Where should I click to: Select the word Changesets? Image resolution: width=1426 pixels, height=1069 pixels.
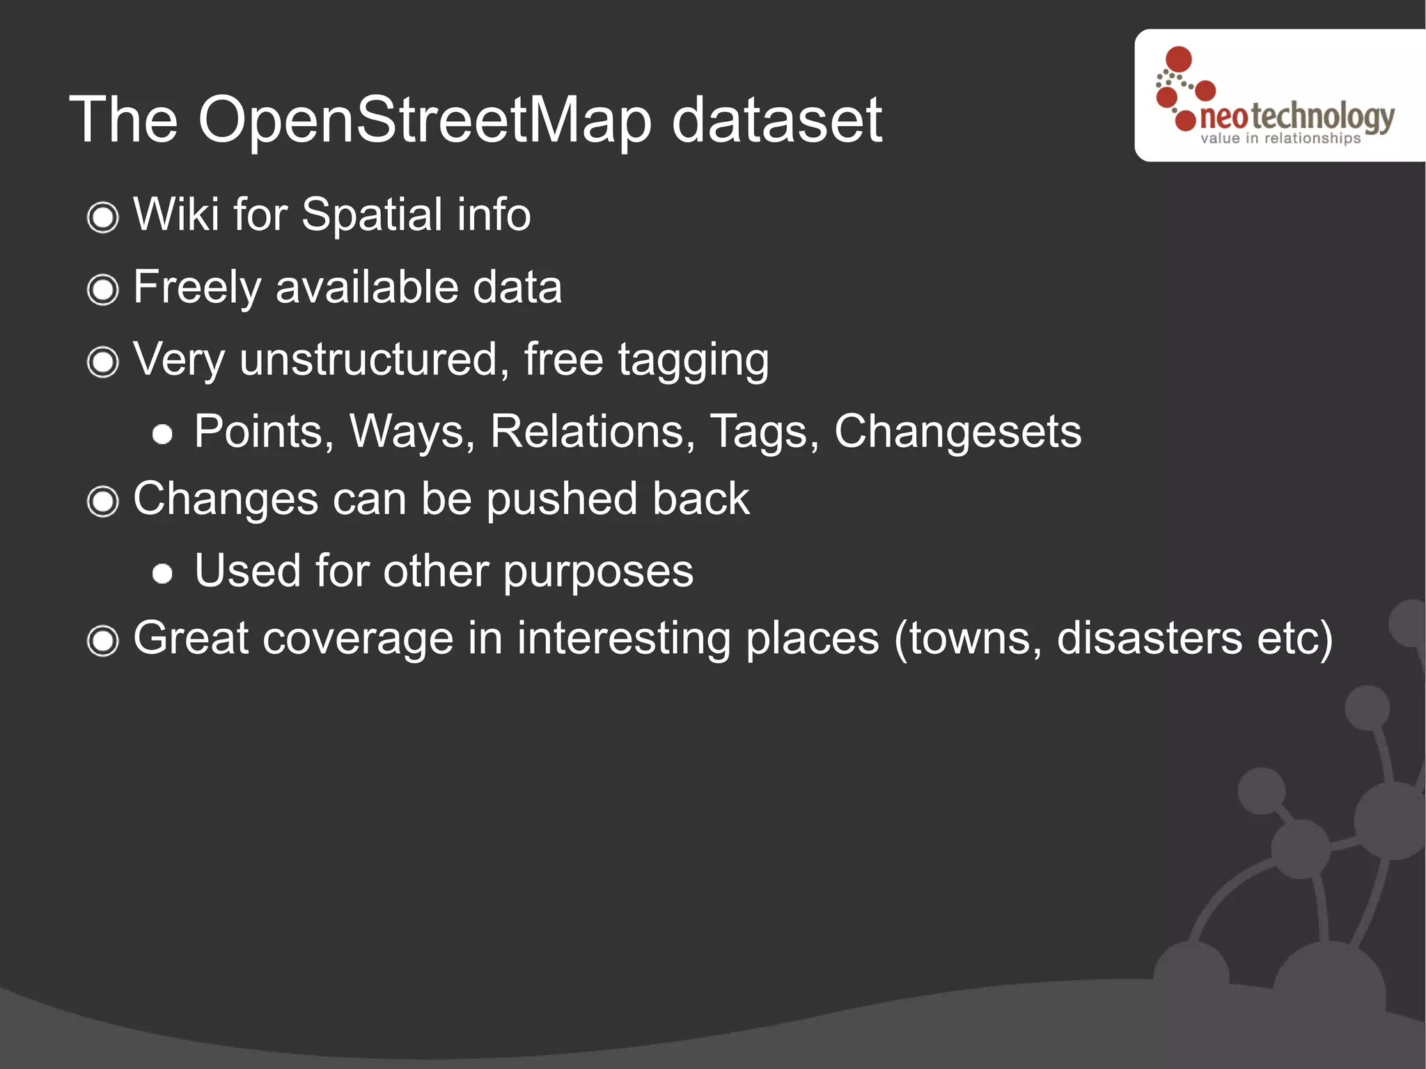[x=957, y=432]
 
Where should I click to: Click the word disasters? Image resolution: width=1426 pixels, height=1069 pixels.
[x=1149, y=639]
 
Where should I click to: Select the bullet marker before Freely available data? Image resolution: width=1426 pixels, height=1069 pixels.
[x=103, y=289]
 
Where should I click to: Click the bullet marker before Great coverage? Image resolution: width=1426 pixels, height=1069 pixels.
[x=103, y=640]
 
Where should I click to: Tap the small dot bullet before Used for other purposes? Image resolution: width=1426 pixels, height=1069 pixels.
[x=162, y=573]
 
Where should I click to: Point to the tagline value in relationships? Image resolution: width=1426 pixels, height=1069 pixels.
[x=1280, y=139]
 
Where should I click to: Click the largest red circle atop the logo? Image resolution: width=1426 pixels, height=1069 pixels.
[x=1179, y=59]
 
